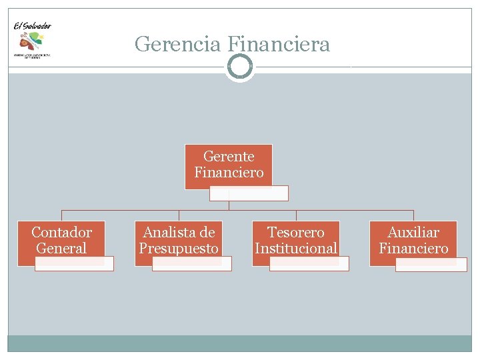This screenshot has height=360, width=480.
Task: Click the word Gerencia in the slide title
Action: (x=178, y=45)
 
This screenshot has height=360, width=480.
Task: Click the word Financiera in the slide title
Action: (x=278, y=45)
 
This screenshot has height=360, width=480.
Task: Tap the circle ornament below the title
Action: (x=239, y=67)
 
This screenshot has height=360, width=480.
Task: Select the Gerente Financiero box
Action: (x=229, y=164)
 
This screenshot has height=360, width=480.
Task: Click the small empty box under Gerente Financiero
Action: (x=249, y=193)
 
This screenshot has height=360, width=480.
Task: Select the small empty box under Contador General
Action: (x=74, y=264)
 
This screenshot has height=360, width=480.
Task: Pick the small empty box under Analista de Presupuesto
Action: (x=191, y=264)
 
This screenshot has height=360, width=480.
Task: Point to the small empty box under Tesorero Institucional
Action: (x=309, y=264)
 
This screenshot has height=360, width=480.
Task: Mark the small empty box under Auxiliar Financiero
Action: (x=431, y=265)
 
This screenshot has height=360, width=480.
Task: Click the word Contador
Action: (x=61, y=233)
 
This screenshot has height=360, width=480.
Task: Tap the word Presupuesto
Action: (x=179, y=249)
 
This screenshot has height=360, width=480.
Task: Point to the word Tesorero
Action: (x=296, y=233)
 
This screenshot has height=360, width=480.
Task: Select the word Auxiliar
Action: (x=413, y=233)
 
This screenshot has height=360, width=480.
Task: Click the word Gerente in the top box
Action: (x=229, y=157)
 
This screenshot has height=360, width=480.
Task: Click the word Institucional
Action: (x=296, y=249)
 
